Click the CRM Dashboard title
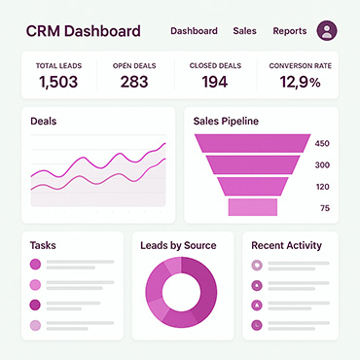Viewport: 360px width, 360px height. click(84, 31)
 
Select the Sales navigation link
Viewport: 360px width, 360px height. click(244, 31)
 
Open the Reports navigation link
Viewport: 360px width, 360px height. click(290, 31)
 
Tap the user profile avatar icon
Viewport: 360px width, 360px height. click(327, 30)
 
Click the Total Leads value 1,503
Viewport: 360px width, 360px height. click(58, 82)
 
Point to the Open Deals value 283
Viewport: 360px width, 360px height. click(134, 82)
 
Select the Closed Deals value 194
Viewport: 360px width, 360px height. click(215, 82)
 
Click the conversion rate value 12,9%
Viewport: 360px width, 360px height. click(301, 82)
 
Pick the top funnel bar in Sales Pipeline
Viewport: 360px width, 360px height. click(253, 143)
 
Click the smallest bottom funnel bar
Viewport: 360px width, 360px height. click(253, 207)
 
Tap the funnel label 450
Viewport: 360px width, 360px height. click(322, 143)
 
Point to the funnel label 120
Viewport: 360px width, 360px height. click(322, 187)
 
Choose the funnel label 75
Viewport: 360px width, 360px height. click(325, 208)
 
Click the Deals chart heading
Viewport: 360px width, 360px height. click(44, 122)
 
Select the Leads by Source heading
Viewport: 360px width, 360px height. click(178, 245)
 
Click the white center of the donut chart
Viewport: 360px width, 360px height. click(181, 292)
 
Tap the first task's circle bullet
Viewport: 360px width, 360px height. click(35, 265)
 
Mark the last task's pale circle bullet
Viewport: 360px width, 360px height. click(35, 325)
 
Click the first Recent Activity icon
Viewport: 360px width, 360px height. click(257, 266)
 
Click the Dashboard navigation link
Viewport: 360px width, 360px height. click(194, 31)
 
